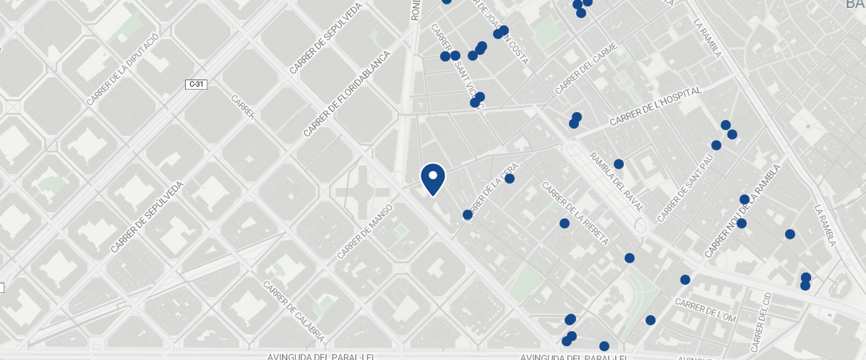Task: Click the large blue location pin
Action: [x=433, y=179]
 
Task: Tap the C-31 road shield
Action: [x=197, y=85]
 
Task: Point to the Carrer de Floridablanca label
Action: [x=347, y=94]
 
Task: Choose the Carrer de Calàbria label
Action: [x=293, y=312]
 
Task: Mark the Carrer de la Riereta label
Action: [x=575, y=213]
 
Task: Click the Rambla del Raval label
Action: [x=617, y=181]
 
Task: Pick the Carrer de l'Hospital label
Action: [x=656, y=107]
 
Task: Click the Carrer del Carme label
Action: [x=586, y=69]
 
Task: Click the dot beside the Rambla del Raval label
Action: [x=619, y=164]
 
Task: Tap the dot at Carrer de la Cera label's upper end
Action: [x=510, y=179]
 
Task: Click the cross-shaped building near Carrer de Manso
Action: [x=361, y=192]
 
